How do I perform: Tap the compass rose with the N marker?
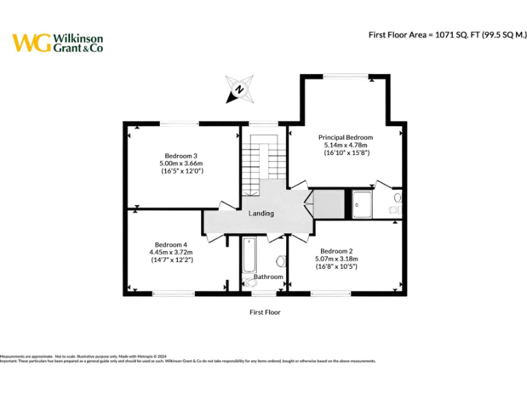pos(239,89)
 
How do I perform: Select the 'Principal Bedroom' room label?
pos(345,137)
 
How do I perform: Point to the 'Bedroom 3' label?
pos(181,155)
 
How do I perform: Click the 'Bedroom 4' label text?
pos(171,245)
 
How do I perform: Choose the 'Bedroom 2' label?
pos(336,250)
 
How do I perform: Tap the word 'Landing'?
pos(261,213)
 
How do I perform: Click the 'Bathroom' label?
pos(268,277)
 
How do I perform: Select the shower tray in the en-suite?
pos(361,204)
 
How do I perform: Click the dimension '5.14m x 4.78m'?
pos(345,145)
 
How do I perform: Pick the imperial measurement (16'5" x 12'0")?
pos(181,171)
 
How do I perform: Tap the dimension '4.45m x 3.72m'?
pos(171,252)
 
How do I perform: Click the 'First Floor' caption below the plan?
pos(264,312)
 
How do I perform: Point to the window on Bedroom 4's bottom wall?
pos(173,294)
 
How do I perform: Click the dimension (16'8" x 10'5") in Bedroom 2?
pos(336,266)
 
